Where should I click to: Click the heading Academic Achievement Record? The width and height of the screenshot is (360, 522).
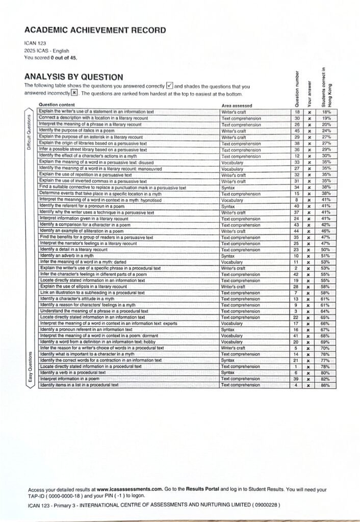[95, 30]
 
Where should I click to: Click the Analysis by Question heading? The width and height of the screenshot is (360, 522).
[73, 77]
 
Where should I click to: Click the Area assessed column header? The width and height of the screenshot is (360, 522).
[237, 106]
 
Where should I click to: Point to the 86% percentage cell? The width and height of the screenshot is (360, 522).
[326, 385]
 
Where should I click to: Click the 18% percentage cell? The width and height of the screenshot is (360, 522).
[326, 112]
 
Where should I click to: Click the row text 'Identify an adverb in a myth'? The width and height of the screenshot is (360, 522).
[67, 255]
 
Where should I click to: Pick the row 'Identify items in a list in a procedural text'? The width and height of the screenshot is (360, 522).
[79, 385]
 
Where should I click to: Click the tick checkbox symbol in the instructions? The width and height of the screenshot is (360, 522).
[171, 86]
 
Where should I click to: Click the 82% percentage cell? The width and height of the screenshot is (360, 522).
[326, 379]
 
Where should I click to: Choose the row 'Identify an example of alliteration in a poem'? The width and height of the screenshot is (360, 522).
[82, 230]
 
